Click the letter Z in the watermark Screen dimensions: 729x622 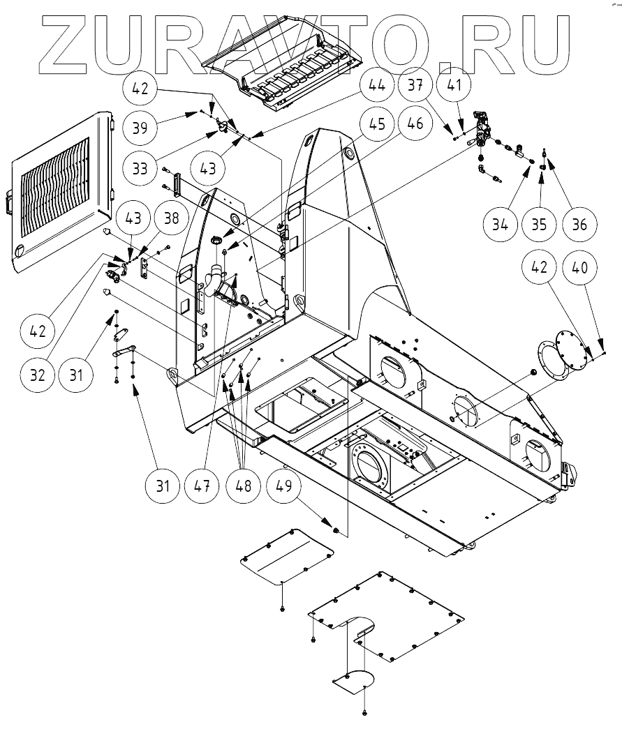(x=70, y=43)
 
